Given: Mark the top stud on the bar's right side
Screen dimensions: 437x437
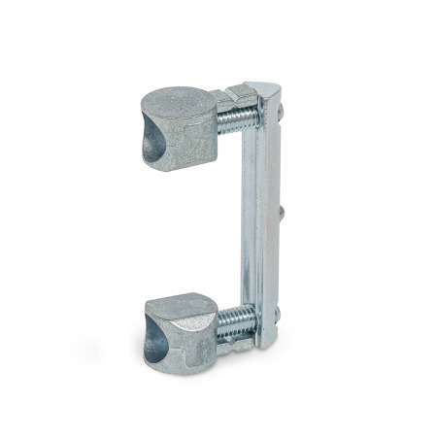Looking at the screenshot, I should click(281, 117).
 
